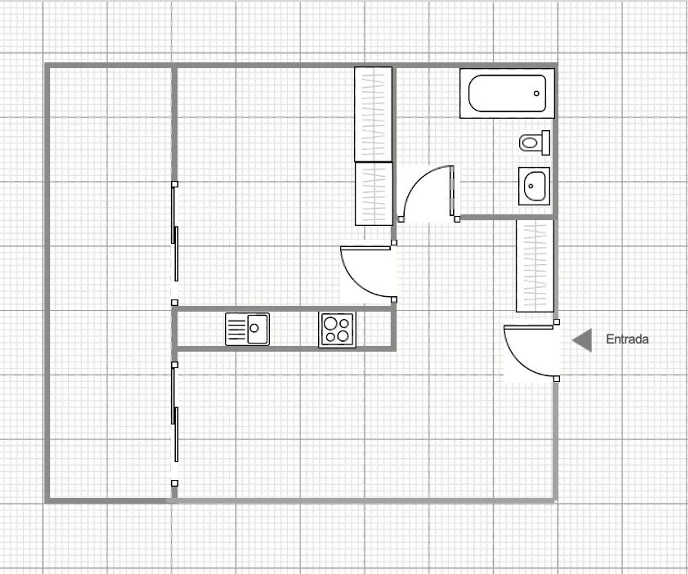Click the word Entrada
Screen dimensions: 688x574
tap(627, 339)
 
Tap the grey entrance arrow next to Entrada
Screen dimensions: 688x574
tap(582, 340)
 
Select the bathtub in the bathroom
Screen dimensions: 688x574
tap(507, 93)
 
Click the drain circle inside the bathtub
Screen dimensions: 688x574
tap(537, 93)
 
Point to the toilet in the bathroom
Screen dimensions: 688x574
tap(534, 143)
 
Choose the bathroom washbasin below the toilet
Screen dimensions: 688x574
tap(534, 186)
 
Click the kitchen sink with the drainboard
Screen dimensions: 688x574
tap(247, 329)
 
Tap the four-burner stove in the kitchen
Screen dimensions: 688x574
tap(337, 329)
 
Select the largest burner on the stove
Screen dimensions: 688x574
tap(330, 323)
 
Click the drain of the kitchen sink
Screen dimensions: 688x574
tap(254, 328)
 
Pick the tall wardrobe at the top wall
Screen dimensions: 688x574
tap(373, 114)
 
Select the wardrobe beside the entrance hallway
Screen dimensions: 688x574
tap(535, 266)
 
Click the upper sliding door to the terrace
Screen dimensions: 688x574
tap(175, 233)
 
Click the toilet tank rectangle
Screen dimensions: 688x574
tap(546, 143)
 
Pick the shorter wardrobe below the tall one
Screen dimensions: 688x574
tap(374, 194)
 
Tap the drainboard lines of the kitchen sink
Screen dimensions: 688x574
tap(237, 329)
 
